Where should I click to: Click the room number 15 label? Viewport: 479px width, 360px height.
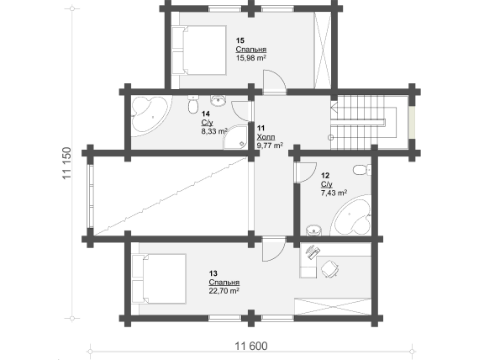pyautogui.click(x=240, y=40)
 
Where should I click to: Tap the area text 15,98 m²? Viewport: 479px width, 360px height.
pyautogui.click(x=250, y=58)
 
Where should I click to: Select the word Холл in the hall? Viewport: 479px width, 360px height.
pyautogui.click(x=266, y=137)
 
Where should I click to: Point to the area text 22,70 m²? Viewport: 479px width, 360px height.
pyautogui.click(x=224, y=290)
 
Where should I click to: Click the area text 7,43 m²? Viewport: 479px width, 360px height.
pyautogui.click(x=334, y=193)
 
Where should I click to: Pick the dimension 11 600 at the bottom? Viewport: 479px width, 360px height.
pyautogui.click(x=250, y=346)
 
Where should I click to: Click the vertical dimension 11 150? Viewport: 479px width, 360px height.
pyautogui.click(x=67, y=163)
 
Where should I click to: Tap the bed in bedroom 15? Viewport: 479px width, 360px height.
pyautogui.click(x=199, y=50)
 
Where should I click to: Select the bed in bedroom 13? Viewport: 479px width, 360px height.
pyautogui.click(x=159, y=278)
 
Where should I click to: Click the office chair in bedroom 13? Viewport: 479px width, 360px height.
pyautogui.click(x=329, y=268)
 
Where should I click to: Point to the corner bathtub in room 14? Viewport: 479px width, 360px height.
pyautogui.click(x=149, y=116)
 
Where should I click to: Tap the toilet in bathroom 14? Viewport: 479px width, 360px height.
pyautogui.click(x=192, y=104)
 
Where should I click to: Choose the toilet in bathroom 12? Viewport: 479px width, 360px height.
pyautogui.click(x=362, y=169)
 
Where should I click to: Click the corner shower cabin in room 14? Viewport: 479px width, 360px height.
pyautogui.click(x=235, y=137)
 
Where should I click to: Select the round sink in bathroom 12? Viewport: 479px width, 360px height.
pyautogui.click(x=313, y=230)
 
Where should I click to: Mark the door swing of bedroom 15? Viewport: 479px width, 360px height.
pyautogui.click(x=274, y=81)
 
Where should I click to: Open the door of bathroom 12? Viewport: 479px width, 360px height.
pyautogui.click(x=305, y=172)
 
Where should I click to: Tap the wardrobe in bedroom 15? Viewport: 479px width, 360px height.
pyautogui.click(x=323, y=50)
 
